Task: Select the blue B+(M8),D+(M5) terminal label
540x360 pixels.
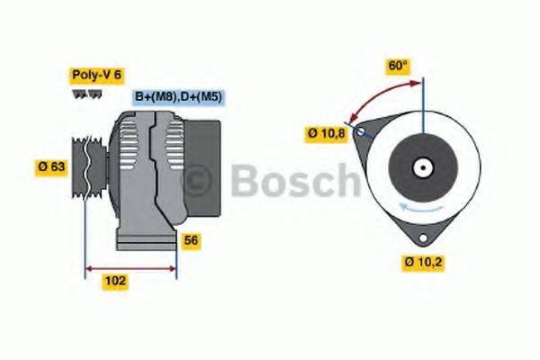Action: pos(179,96)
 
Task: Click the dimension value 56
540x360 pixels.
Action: pos(190,240)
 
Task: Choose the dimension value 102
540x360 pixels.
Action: pos(116,281)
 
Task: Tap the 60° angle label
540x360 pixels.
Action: pos(398,65)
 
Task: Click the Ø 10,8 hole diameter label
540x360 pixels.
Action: pos(327,133)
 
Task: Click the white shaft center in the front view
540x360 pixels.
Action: pos(420,167)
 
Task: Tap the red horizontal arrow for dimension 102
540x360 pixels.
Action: pos(131,268)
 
